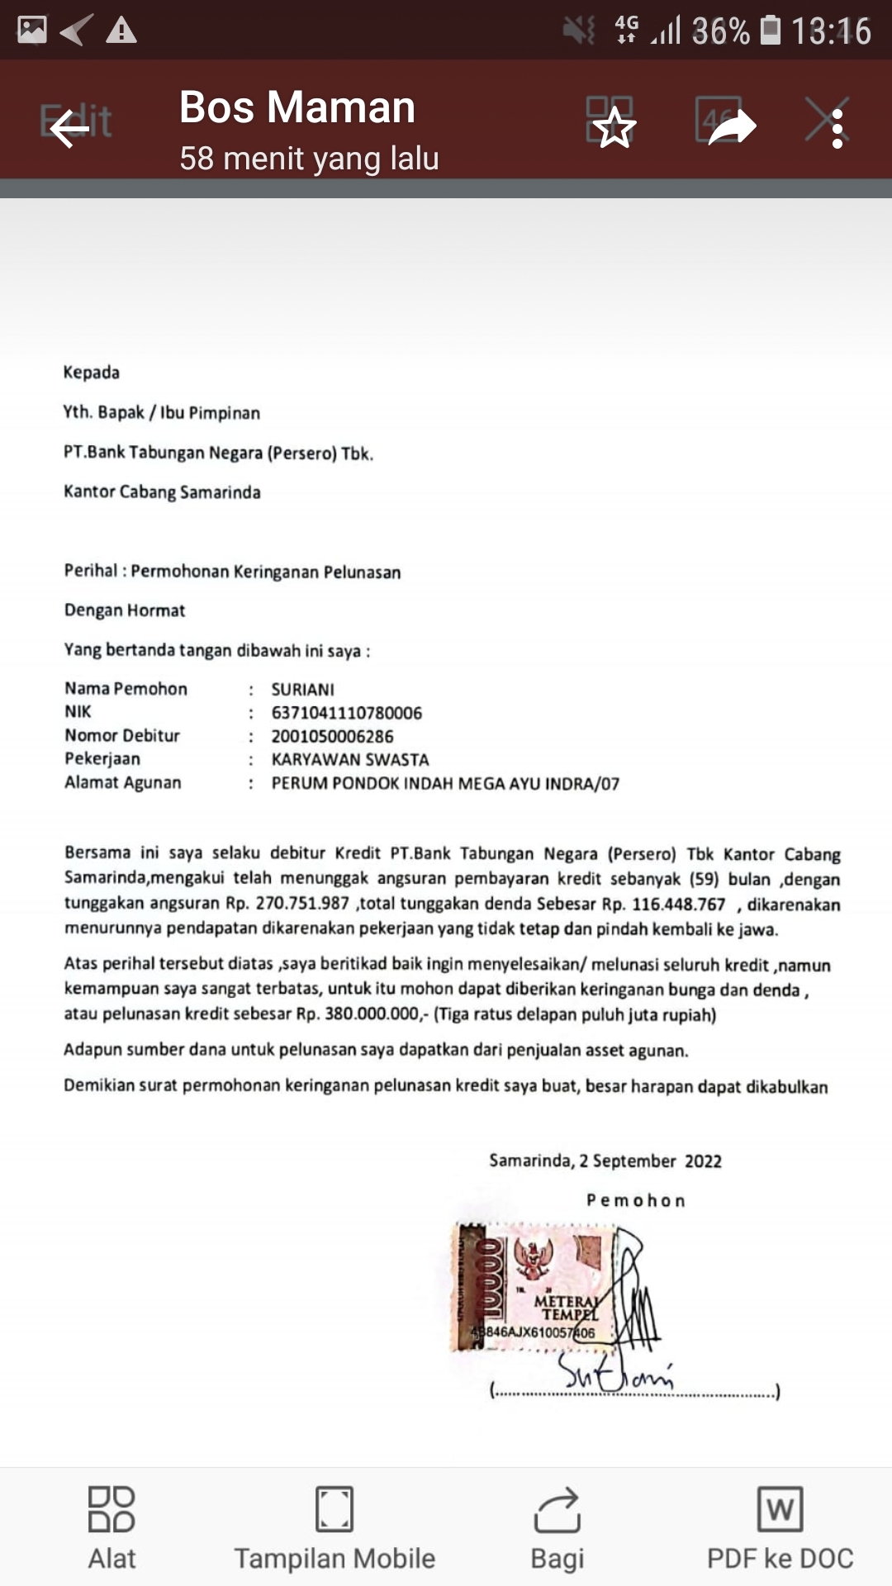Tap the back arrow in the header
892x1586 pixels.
(69, 129)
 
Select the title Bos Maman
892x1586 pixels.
(297, 107)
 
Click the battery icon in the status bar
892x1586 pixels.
(770, 31)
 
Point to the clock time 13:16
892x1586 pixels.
(831, 31)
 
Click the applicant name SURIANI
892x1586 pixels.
(303, 690)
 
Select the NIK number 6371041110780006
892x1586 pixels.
(347, 713)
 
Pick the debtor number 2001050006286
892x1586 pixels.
(333, 736)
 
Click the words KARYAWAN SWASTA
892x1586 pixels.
(350, 760)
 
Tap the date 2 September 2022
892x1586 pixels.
(650, 1161)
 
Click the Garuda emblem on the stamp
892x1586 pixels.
(534, 1258)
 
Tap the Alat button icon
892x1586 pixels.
(111, 1509)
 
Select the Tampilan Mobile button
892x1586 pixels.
(334, 1528)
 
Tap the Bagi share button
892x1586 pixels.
(557, 1528)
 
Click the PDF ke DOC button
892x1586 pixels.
(780, 1528)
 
